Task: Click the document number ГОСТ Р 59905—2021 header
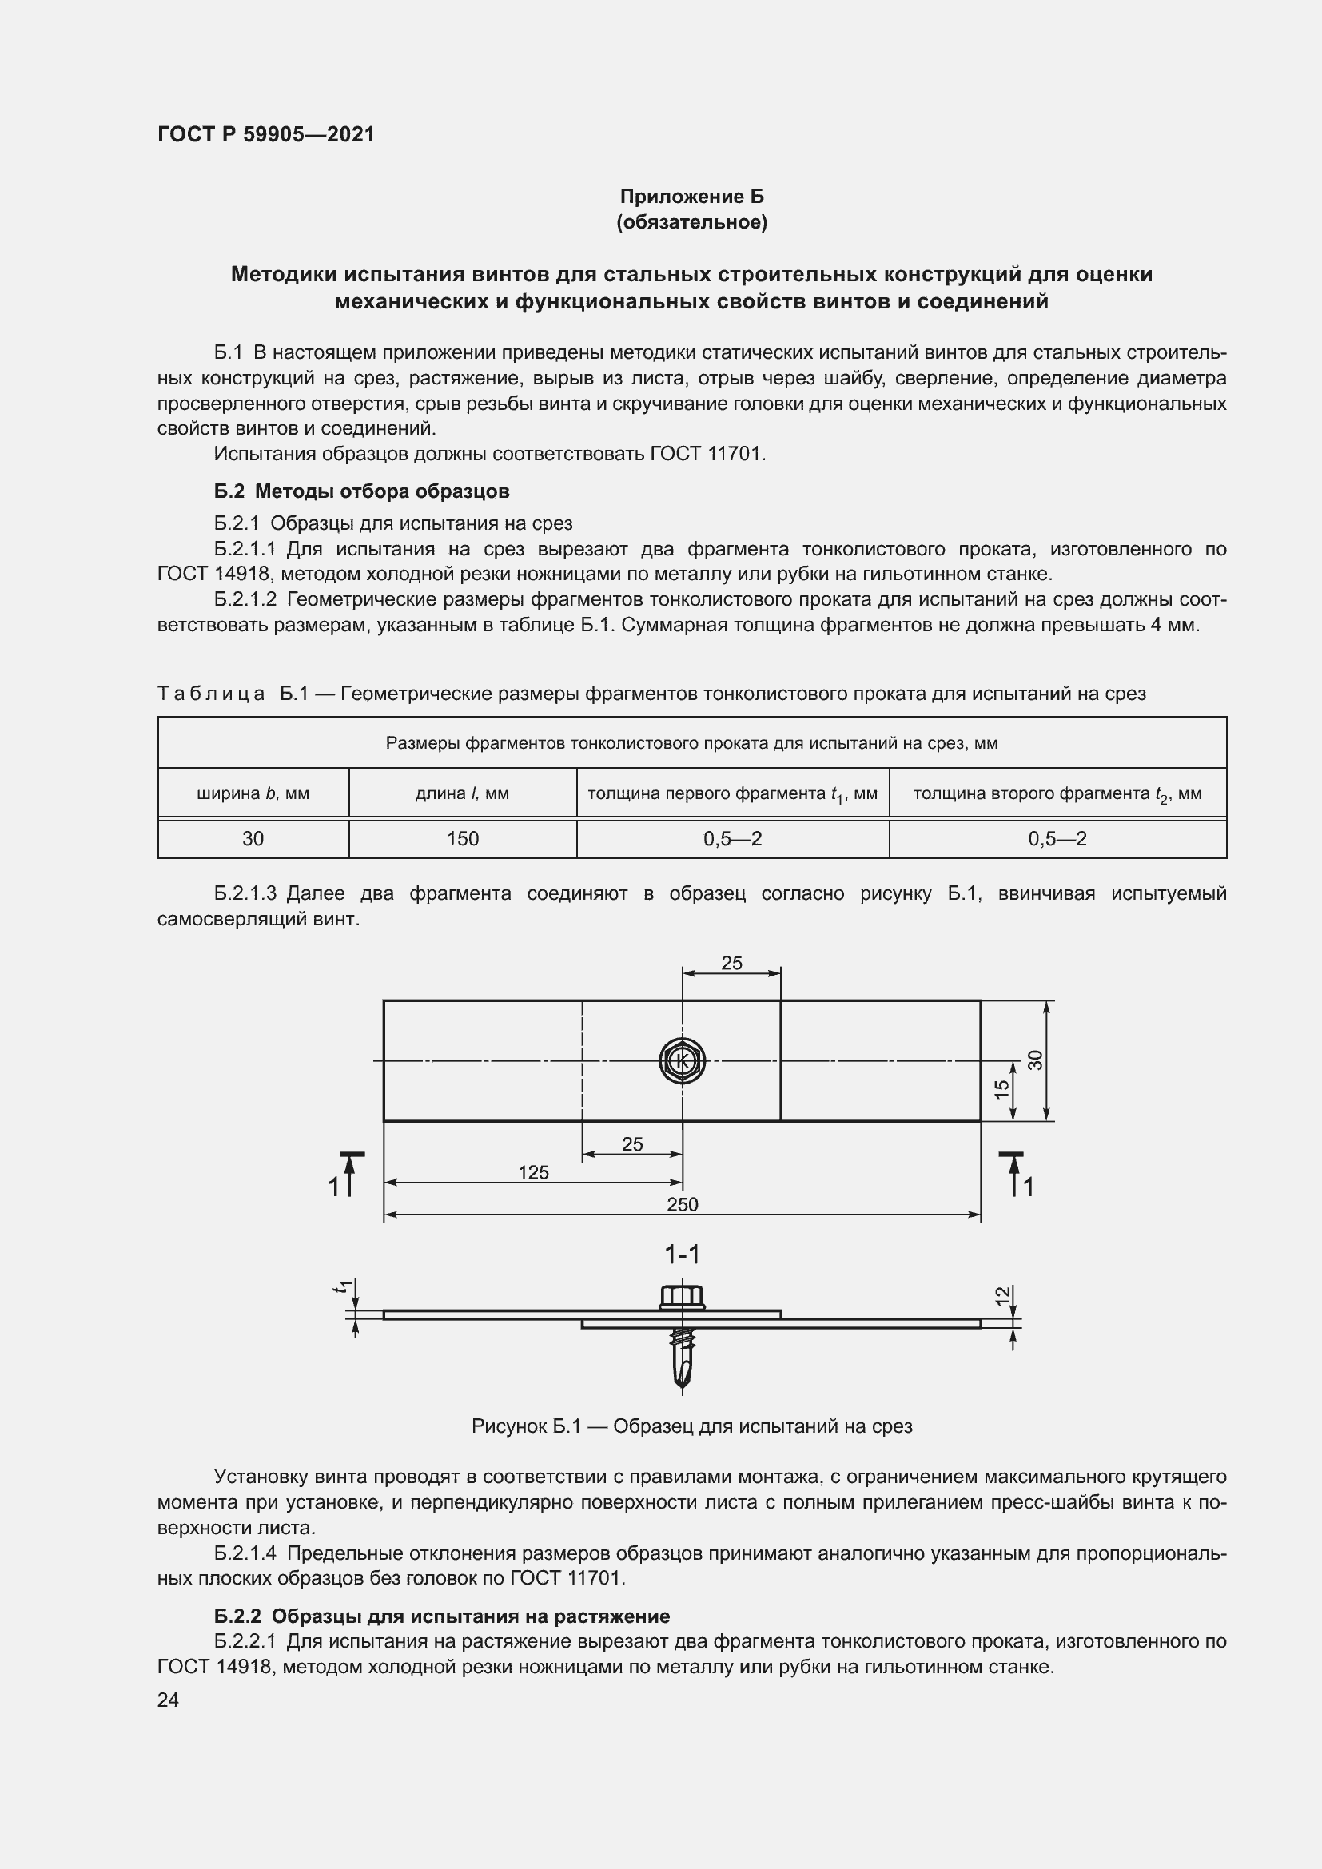[x=266, y=134]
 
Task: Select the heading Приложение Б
[x=692, y=197]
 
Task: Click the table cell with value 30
[x=253, y=838]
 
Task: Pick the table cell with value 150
[x=462, y=838]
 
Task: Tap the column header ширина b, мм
[x=253, y=793]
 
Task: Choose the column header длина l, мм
[x=462, y=793]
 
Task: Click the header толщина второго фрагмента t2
[x=1057, y=793]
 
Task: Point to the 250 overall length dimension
[x=682, y=1204]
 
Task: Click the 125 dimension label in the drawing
[x=533, y=1172]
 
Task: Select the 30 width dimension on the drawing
[x=1035, y=1059]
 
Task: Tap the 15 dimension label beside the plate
[x=1003, y=1088]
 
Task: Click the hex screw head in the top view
[x=682, y=1060]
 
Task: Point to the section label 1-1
[x=682, y=1255]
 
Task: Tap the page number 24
[x=168, y=1700]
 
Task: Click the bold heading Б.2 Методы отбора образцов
[x=361, y=491]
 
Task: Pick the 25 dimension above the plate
[x=731, y=963]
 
